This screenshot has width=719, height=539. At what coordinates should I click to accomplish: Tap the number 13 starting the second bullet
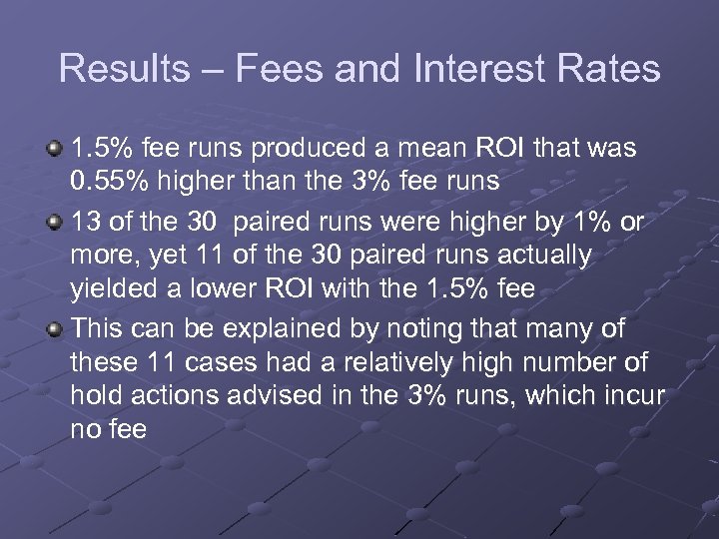tap(87, 222)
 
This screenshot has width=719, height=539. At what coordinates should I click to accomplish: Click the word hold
tap(95, 395)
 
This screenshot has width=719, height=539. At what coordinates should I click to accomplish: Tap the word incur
tap(631, 395)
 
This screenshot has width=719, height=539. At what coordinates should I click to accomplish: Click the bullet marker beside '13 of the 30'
tap(56, 222)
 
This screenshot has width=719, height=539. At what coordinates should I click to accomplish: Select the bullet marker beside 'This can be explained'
tap(56, 325)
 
